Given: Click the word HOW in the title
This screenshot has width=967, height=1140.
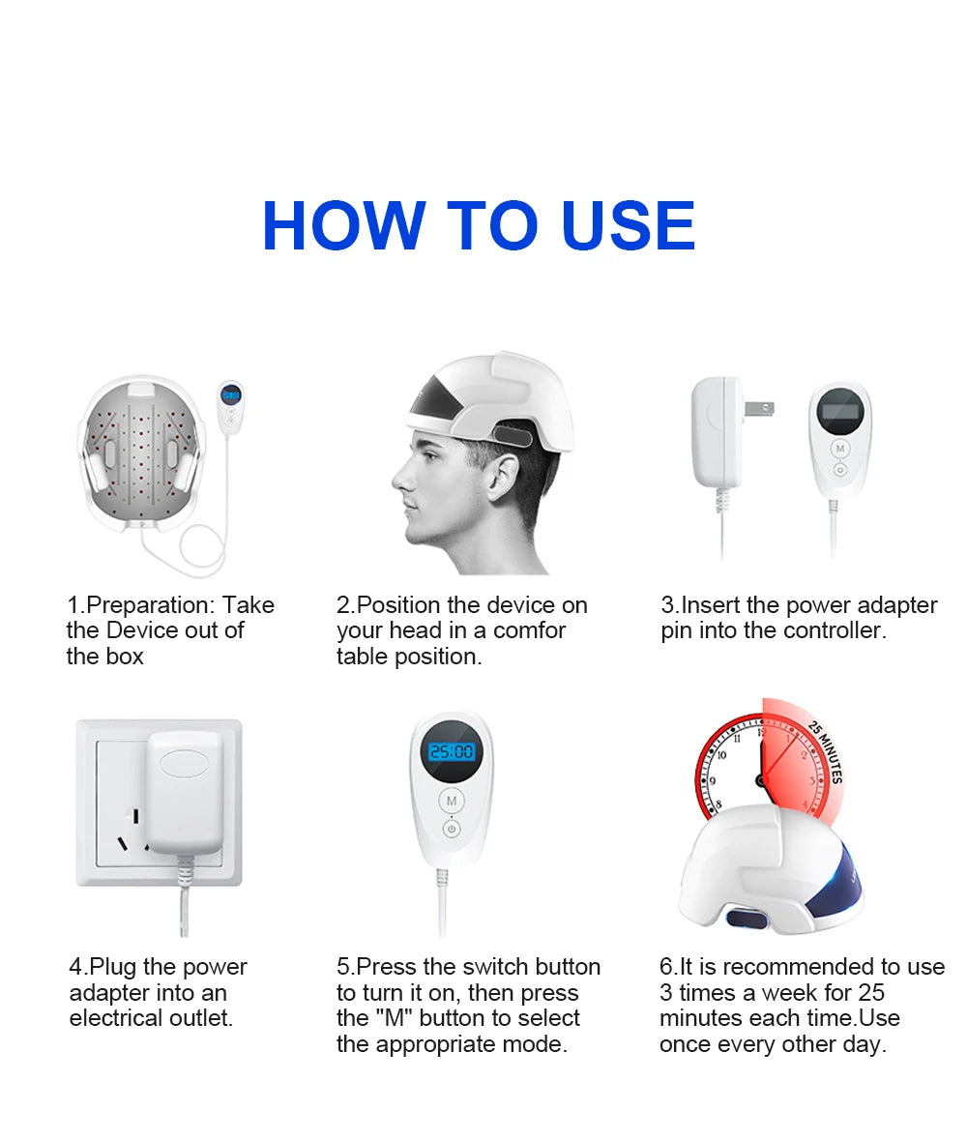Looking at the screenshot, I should click(x=342, y=226).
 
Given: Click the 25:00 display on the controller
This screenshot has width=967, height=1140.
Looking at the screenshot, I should click(x=451, y=751).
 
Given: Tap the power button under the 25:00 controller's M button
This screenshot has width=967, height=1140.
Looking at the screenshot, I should click(x=452, y=829).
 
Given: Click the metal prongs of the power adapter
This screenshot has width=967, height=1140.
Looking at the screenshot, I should click(x=762, y=410).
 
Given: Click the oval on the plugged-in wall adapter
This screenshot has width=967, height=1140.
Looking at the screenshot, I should click(x=184, y=762).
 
